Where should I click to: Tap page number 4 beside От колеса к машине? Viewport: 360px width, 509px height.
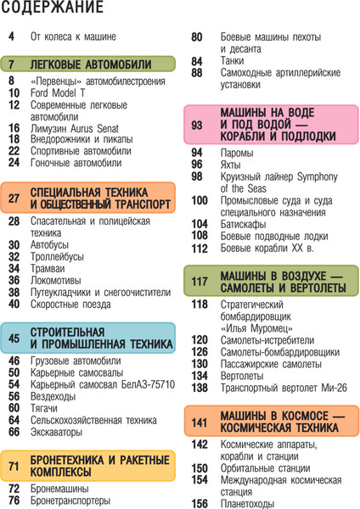pyautogui.click(x=11, y=37)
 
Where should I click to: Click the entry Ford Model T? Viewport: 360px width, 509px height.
pyautogui.click(x=54, y=92)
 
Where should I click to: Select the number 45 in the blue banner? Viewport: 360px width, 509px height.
pyautogui.click(x=14, y=338)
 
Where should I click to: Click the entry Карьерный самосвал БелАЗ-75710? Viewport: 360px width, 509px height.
pyautogui.click(x=102, y=383)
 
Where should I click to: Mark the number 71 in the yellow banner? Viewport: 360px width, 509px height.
pyautogui.click(x=14, y=466)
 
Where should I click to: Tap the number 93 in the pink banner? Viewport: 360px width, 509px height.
pyautogui.click(x=198, y=125)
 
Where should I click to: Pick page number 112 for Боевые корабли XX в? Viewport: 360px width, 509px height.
pyautogui.click(x=200, y=249)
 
